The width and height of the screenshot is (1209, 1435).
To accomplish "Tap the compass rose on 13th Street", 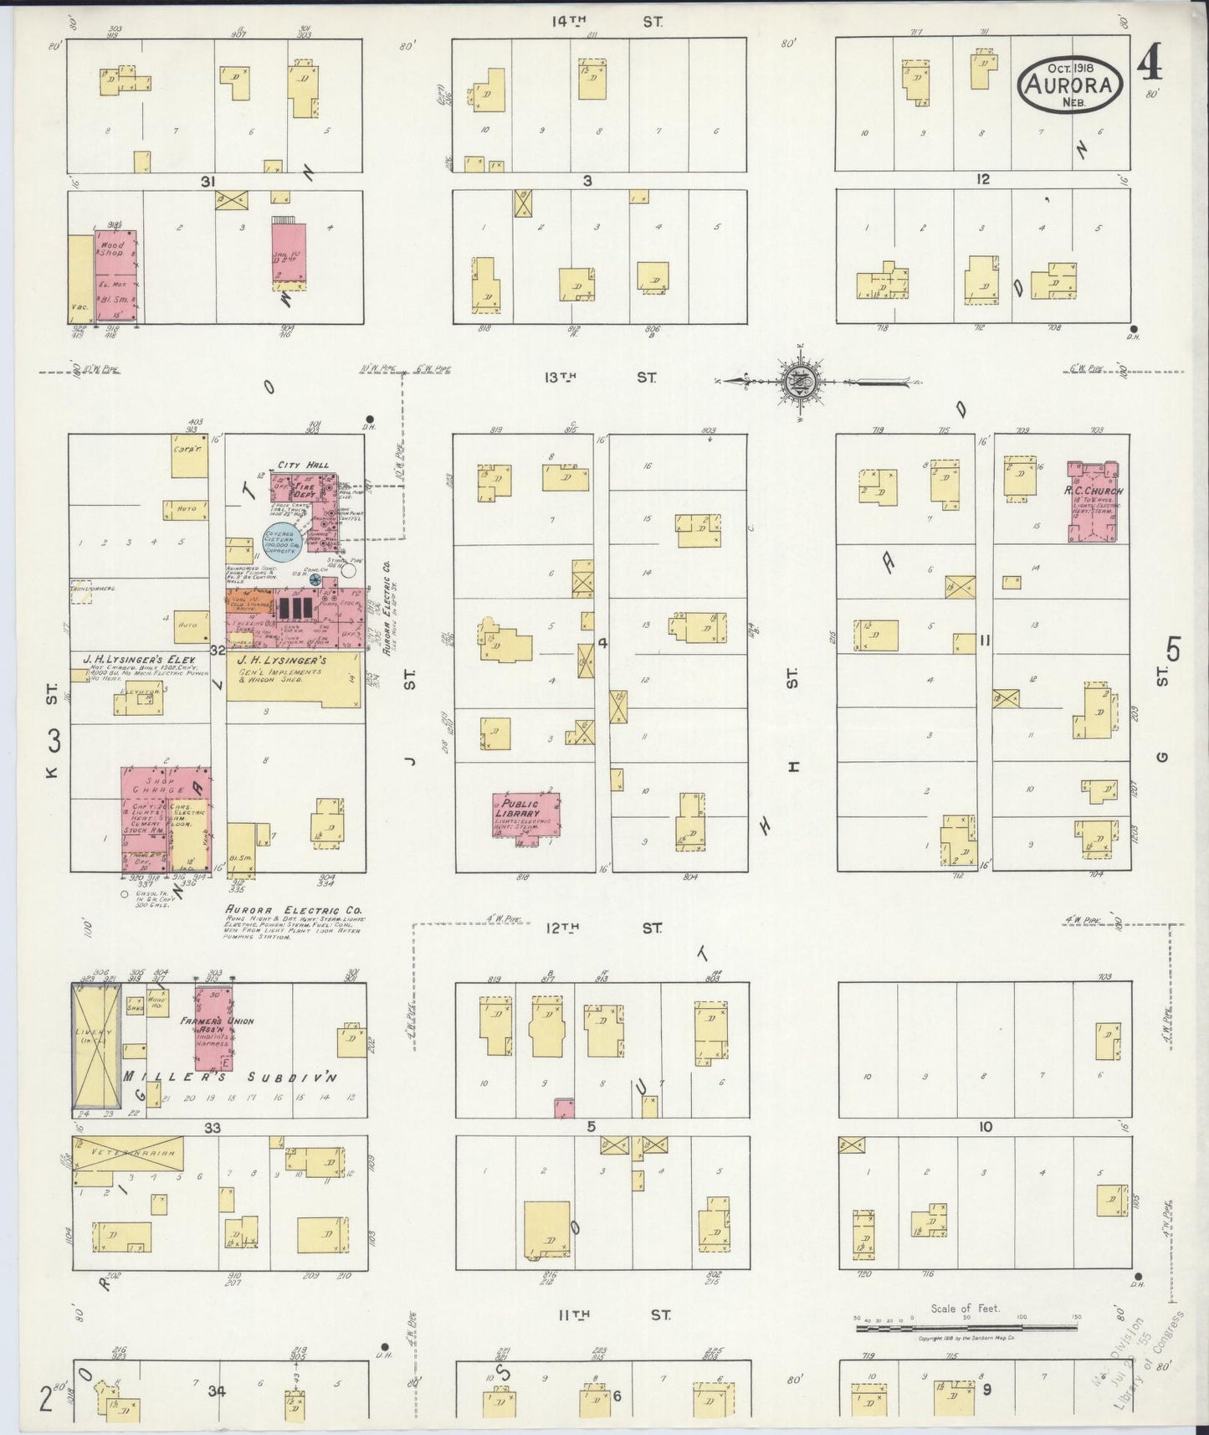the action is click(x=802, y=382).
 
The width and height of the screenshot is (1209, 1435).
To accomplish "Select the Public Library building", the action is click(x=526, y=815).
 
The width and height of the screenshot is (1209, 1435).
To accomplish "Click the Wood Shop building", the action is click(x=115, y=275).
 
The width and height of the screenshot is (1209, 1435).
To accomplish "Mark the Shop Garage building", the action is click(x=166, y=819).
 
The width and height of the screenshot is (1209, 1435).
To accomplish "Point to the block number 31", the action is click(x=208, y=181).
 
